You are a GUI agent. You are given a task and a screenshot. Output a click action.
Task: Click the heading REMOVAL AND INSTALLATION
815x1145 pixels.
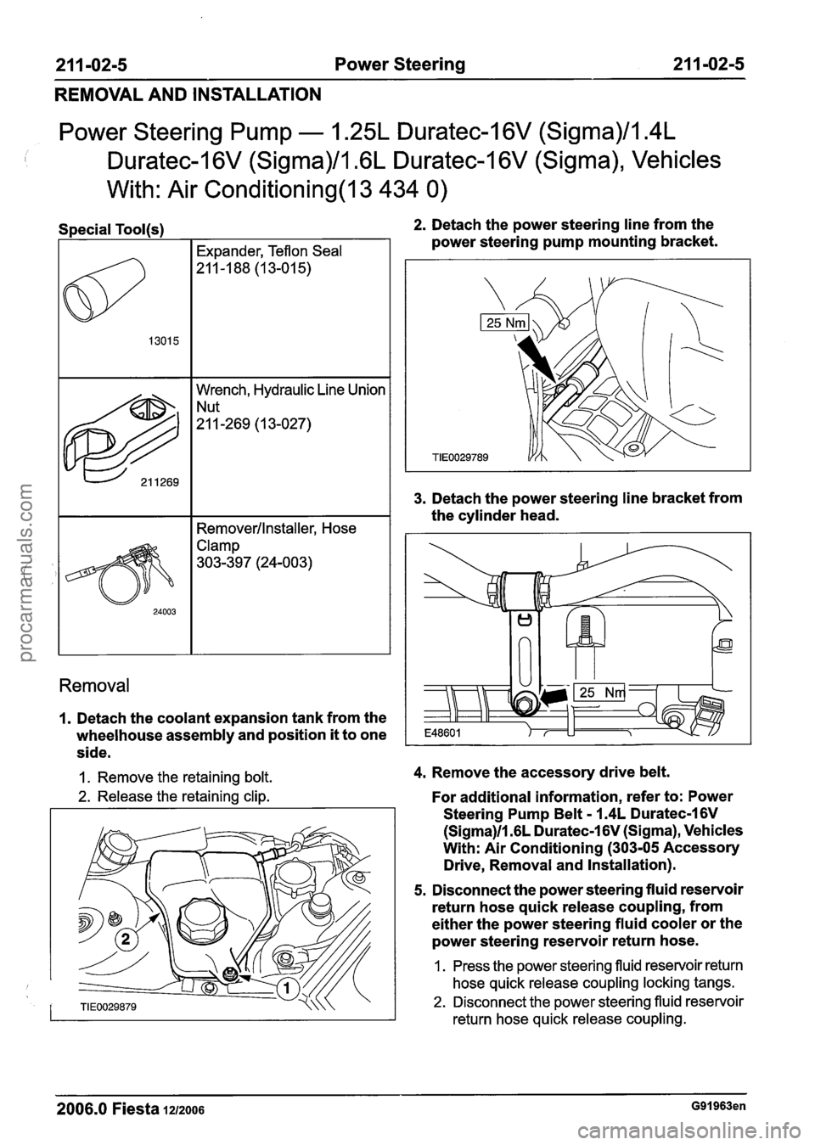175,93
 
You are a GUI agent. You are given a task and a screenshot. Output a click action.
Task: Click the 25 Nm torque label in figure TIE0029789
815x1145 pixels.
503,322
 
